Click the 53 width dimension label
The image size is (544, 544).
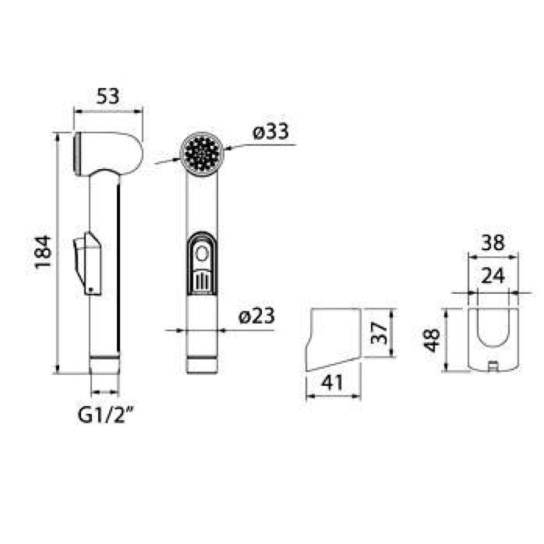[x=108, y=96]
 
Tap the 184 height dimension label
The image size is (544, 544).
[x=44, y=251]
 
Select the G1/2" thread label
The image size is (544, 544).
[x=106, y=415]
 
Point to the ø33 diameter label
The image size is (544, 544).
[x=271, y=132]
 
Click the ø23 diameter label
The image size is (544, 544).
[x=257, y=316]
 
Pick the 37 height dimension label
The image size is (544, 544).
[x=378, y=332]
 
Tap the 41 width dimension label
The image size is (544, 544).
[x=332, y=383]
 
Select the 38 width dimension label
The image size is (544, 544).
[x=493, y=242]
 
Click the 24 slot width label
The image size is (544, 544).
[x=493, y=276]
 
